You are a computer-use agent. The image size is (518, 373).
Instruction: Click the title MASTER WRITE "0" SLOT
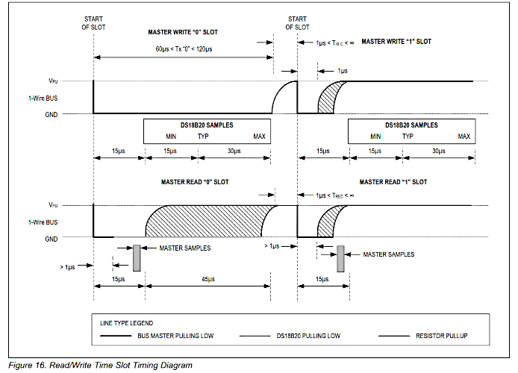pyautogui.click(x=183, y=32)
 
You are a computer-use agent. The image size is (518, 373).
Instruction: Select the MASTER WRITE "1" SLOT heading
pyautogui.click(x=396, y=42)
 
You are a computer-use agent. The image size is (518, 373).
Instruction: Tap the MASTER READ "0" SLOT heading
pyautogui.click(x=195, y=182)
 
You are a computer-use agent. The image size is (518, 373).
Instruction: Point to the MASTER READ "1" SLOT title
pyautogui.click(x=393, y=182)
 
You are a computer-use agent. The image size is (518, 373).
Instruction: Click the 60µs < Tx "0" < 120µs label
pyautogui.click(x=184, y=49)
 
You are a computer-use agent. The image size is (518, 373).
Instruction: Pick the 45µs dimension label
pyautogui.click(x=208, y=279)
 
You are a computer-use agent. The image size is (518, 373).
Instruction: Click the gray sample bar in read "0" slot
pyautogui.click(x=137, y=258)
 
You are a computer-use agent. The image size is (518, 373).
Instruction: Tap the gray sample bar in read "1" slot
pyautogui.click(x=340, y=259)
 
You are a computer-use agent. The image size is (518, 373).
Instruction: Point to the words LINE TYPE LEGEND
pyautogui.click(x=127, y=323)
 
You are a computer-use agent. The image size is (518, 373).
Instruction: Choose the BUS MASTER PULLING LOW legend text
pyautogui.click(x=175, y=336)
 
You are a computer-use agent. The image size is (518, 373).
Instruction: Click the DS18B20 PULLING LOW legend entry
pyautogui.click(x=308, y=336)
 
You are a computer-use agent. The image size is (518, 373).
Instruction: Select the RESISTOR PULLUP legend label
pyautogui.click(x=441, y=336)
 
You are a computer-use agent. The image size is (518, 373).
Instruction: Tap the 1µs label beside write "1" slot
pyautogui.click(x=343, y=71)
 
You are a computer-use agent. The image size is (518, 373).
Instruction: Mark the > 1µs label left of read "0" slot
pyautogui.click(x=67, y=267)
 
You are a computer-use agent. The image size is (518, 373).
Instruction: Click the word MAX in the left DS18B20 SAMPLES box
pyautogui.click(x=259, y=137)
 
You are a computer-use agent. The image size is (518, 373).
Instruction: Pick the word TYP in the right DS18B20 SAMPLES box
pyautogui.click(x=408, y=137)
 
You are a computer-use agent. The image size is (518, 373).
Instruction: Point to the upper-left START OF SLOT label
pyautogui.click(x=93, y=23)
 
